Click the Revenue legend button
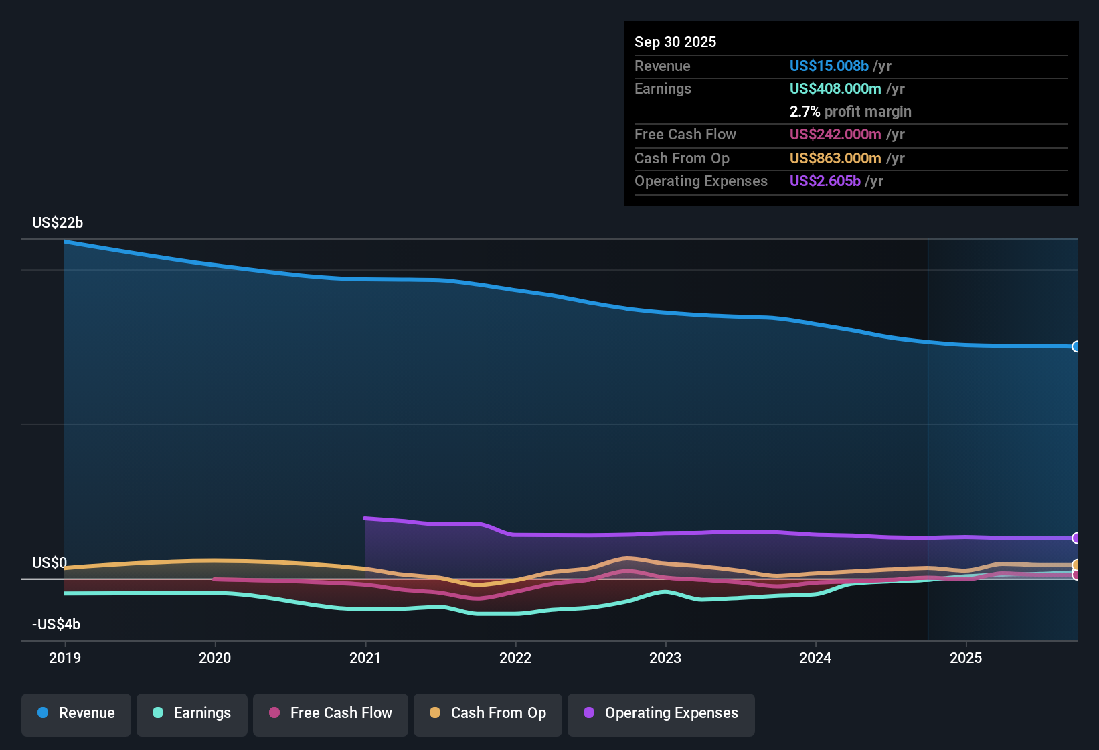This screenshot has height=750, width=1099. click(x=76, y=713)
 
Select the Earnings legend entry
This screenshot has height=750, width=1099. click(x=192, y=713)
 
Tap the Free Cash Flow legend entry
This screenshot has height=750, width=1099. click(x=331, y=713)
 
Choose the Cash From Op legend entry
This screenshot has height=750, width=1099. click(x=488, y=713)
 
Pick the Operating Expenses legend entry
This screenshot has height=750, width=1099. click(x=661, y=713)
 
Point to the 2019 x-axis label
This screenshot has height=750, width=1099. click(x=65, y=658)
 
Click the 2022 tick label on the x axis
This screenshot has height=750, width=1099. click(x=515, y=658)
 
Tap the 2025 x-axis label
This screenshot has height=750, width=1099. click(x=966, y=658)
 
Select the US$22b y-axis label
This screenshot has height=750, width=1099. click(x=58, y=223)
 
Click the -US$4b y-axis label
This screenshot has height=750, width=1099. click(x=56, y=624)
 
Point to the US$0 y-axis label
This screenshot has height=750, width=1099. click(x=50, y=562)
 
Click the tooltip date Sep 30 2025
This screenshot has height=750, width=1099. click(x=675, y=42)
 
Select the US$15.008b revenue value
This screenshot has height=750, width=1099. click(x=829, y=66)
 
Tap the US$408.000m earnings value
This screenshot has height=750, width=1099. click(x=835, y=88)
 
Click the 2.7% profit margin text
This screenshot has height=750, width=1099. click(x=850, y=111)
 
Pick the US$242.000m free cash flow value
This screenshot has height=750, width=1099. click(x=835, y=134)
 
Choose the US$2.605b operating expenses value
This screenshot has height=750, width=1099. click(x=825, y=181)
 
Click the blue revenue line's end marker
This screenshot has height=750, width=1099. click(x=1076, y=346)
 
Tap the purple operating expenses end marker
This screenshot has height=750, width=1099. click(x=1076, y=538)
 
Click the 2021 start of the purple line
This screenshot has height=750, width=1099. click(x=365, y=518)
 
